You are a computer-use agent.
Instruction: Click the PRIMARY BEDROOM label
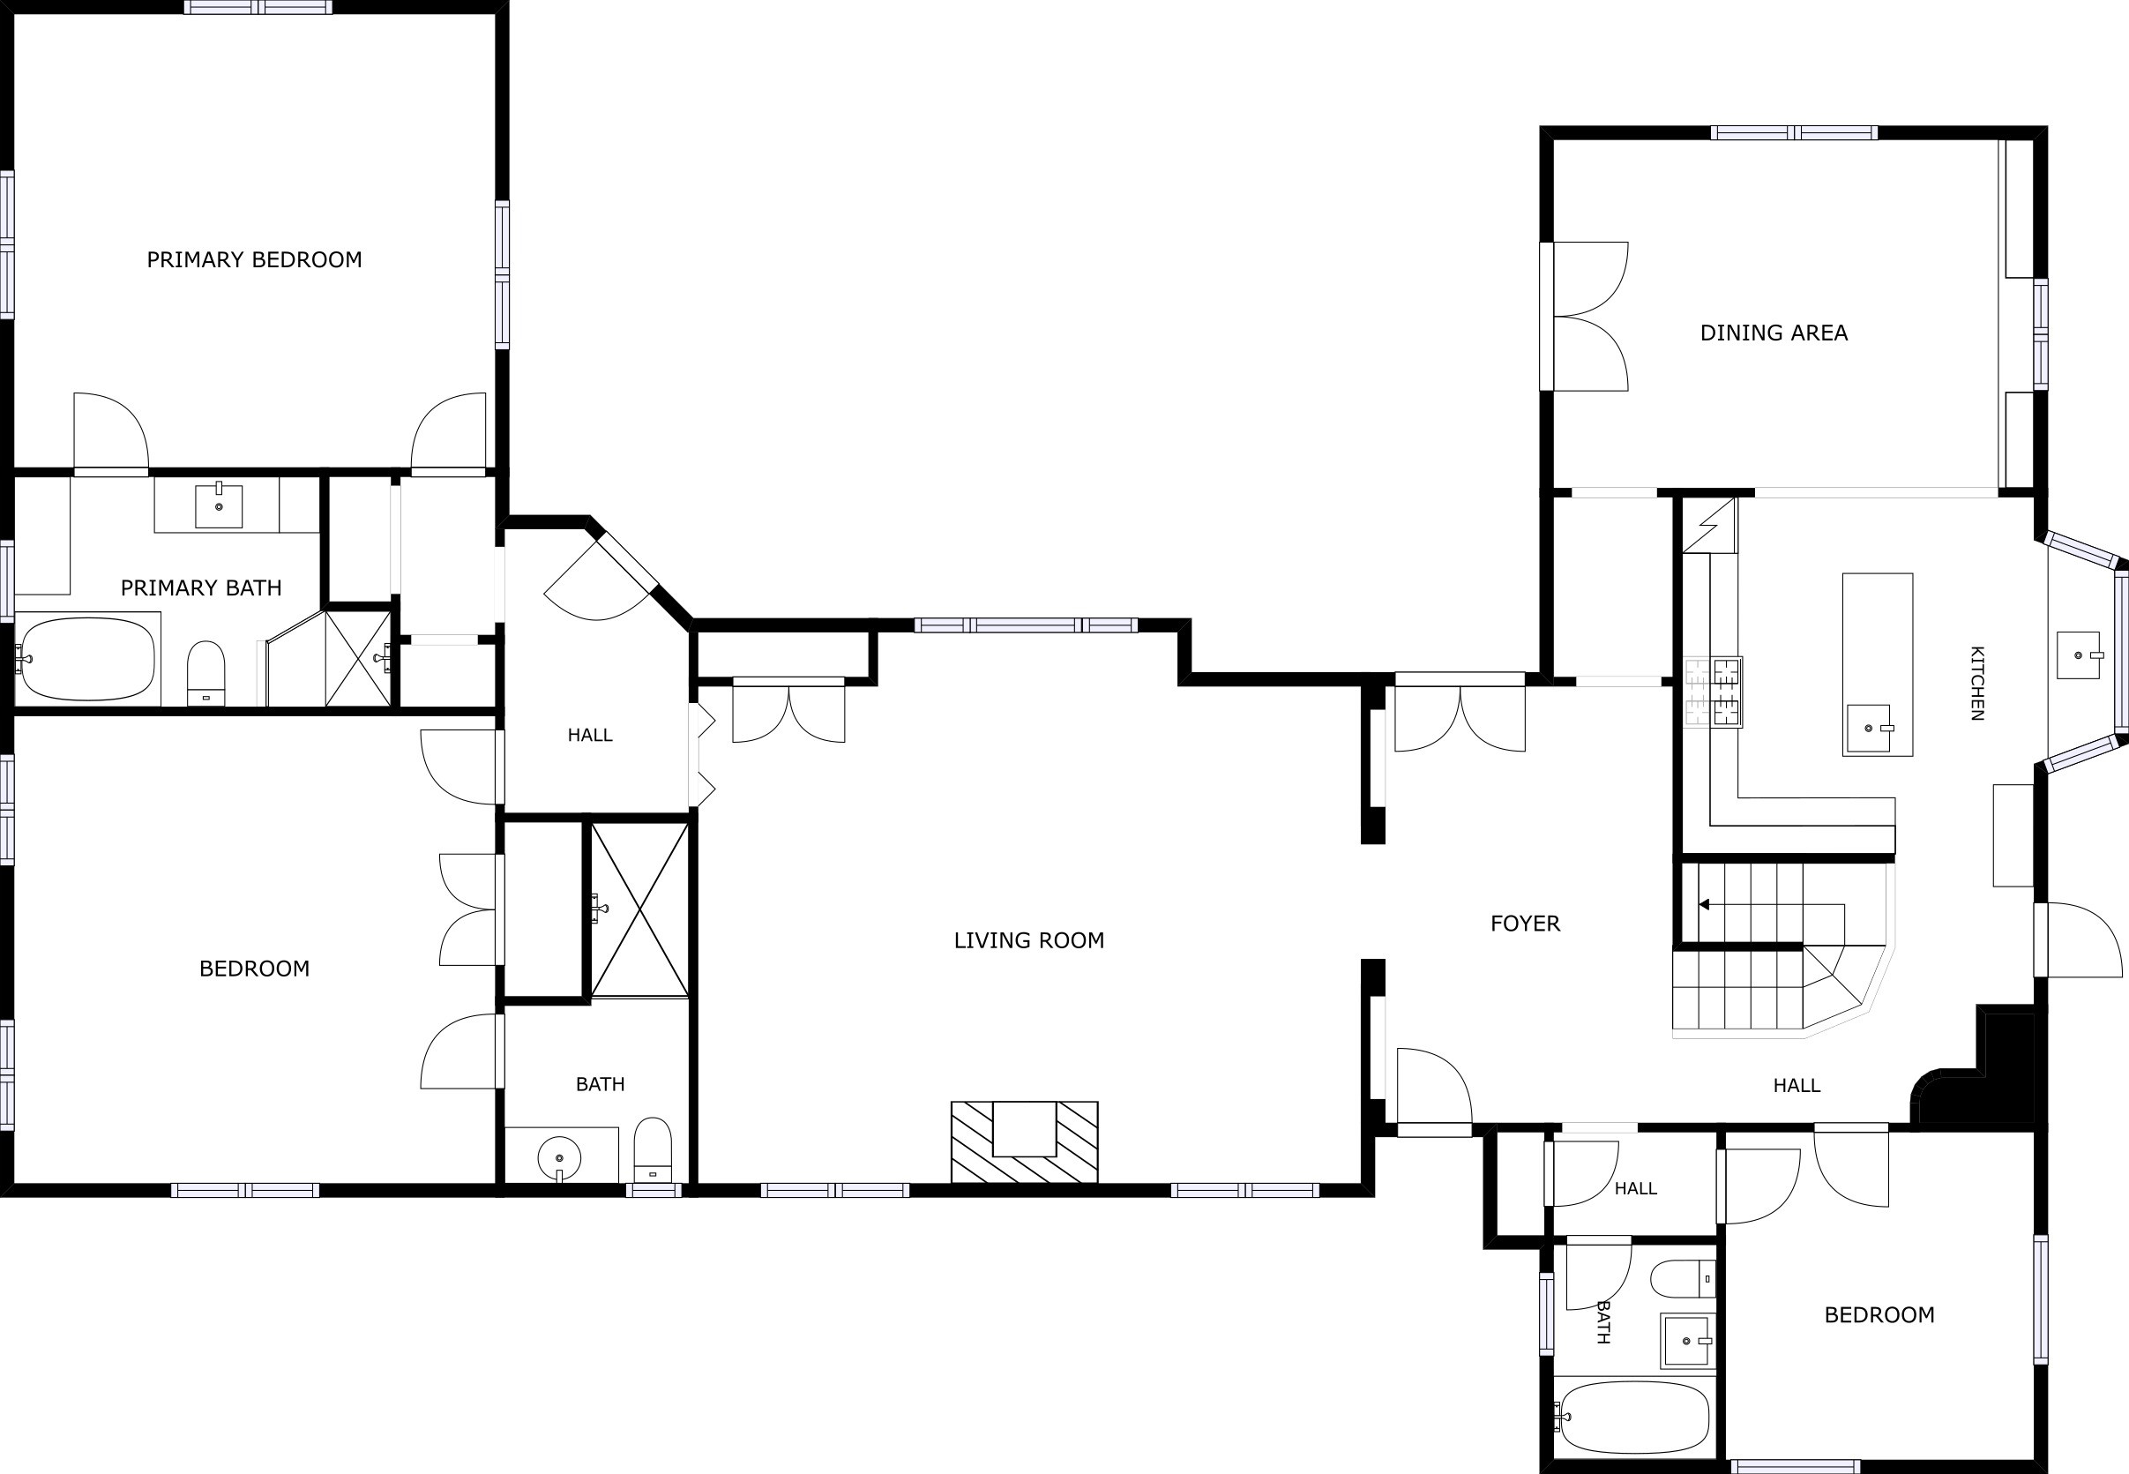(254, 259)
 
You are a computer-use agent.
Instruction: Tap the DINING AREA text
(1774, 333)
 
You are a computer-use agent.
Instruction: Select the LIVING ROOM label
(1028, 940)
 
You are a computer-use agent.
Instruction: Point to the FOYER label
(1525, 923)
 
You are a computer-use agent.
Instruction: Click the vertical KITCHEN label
(1976, 683)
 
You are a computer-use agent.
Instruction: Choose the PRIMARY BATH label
(201, 587)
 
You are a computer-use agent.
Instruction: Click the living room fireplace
(1025, 1141)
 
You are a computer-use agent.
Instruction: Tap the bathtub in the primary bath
(87, 659)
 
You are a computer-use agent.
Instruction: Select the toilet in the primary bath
(205, 673)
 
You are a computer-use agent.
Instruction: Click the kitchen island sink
(1870, 729)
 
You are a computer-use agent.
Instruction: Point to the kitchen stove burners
(1713, 692)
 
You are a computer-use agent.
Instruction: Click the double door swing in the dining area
(1590, 316)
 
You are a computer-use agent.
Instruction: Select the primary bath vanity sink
(219, 506)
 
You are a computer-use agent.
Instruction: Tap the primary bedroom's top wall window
(258, 7)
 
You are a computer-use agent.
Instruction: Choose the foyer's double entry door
(1460, 712)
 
